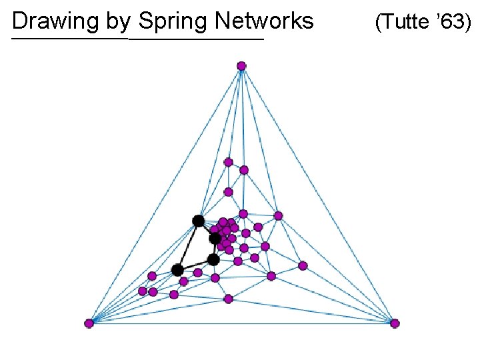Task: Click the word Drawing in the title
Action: coord(57,21)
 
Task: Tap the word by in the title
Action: coord(118,21)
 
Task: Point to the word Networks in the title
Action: coord(264,21)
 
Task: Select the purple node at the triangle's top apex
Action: coord(241,65)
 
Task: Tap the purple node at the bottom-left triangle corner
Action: coord(89,323)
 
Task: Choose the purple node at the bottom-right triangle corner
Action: coord(395,323)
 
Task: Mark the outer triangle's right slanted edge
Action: coord(318,194)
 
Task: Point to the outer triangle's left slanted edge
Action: coord(165,194)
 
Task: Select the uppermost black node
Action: coord(198,221)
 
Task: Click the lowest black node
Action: coord(177,270)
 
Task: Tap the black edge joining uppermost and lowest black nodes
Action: coord(187,245)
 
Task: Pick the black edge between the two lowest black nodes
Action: coord(195,265)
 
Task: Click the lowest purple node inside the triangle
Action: coord(228,299)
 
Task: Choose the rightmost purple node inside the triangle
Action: coord(303,265)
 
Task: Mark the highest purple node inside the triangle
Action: coord(228,162)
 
